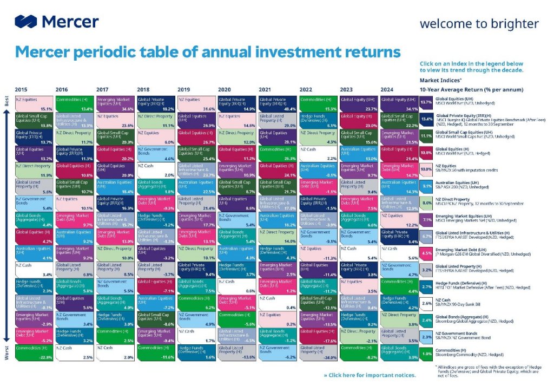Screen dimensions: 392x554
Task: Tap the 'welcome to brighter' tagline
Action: (x=479, y=24)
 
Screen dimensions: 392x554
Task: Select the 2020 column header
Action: (x=225, y=89)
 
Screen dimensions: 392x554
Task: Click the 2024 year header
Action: (x=387, y=89)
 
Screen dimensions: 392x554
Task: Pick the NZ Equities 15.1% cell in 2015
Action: (x=34, y=103)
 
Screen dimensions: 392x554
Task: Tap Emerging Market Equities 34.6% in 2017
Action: (x=115, y=103)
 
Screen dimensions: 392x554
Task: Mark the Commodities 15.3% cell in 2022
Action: (x=319, y=103)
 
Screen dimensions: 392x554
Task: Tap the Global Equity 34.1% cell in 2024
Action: (x=400, y=103)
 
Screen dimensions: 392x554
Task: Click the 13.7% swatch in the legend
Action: (x=426, y=102)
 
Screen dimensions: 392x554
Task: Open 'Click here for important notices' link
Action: (x=370, y=375)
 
